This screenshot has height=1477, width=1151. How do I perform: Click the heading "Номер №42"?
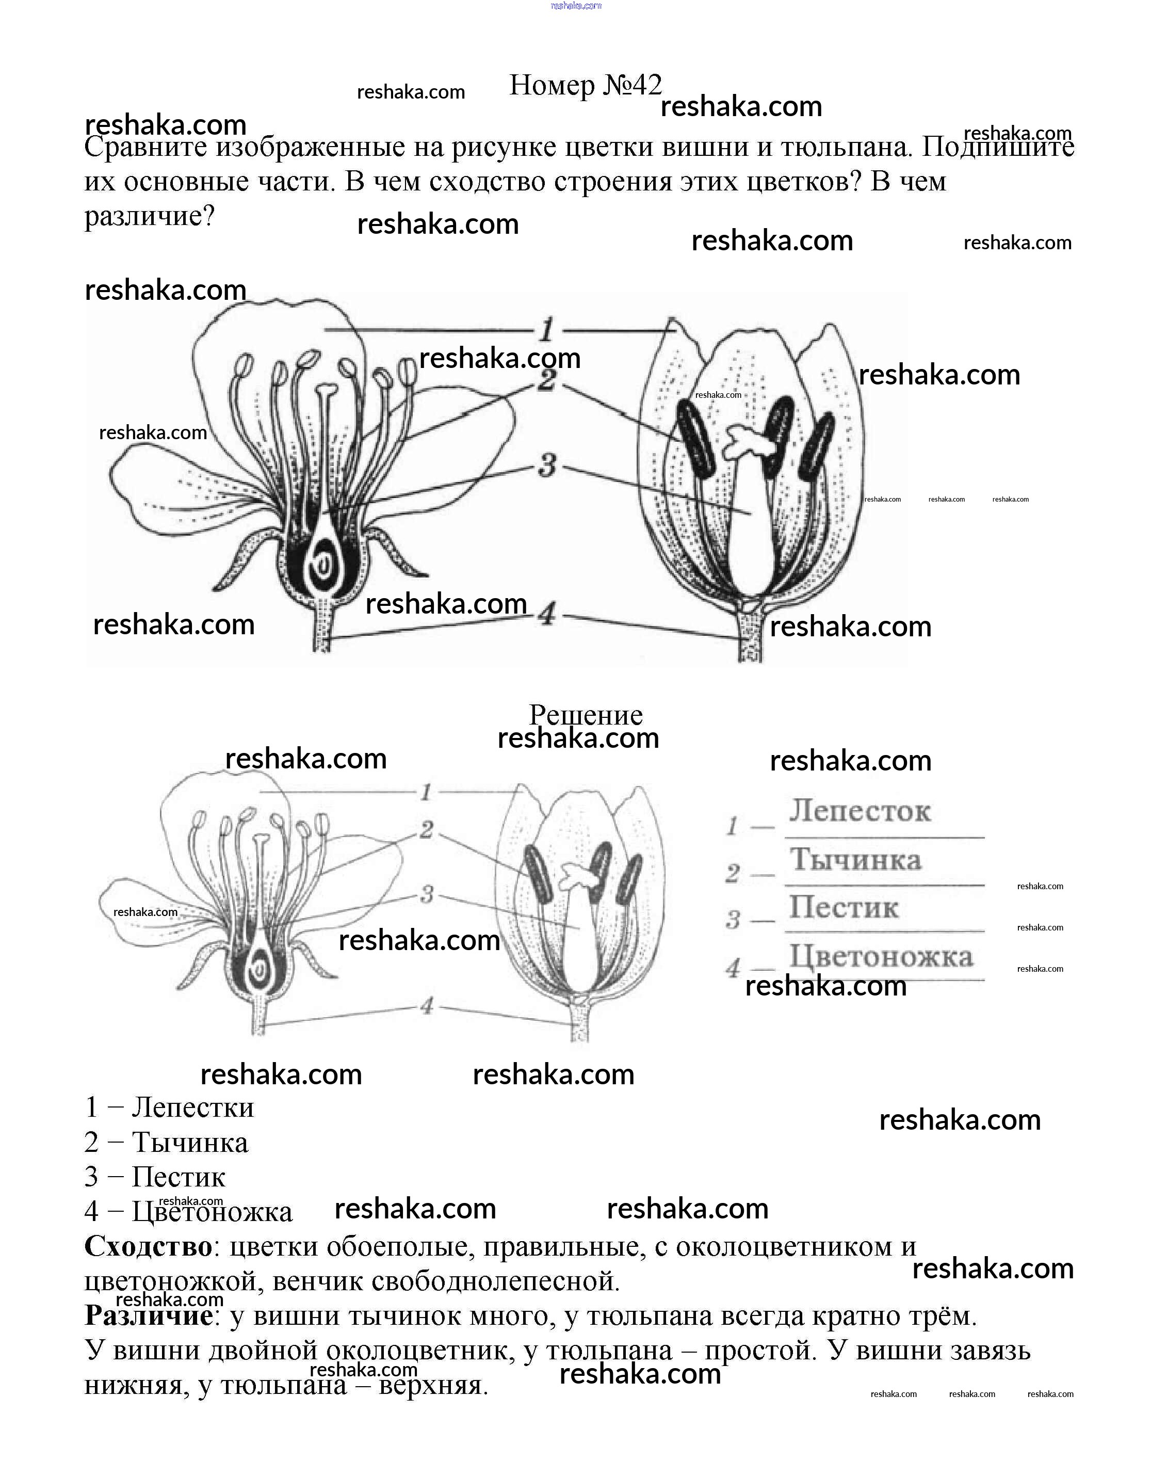[x=585, y=85]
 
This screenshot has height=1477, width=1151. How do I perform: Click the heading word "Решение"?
[x=585, y=715]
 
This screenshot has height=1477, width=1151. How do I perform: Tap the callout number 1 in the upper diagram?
[x=546, y=331]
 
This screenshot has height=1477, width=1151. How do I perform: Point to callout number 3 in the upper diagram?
[x=547, y=465]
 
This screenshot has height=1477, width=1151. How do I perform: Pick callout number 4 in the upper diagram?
[x=547, y=615]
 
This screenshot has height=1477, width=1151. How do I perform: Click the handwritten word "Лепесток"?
[x=860, y=811]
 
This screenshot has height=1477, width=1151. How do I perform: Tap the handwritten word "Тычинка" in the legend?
[x=855, y=860]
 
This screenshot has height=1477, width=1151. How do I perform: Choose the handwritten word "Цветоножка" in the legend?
[x=881, y=956]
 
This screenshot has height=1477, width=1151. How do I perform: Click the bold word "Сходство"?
[x=148, y=1246]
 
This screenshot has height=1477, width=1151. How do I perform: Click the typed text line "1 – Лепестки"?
[x=169, y=1107]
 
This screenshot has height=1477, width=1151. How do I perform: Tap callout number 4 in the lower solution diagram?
[x=426, y=1006]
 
